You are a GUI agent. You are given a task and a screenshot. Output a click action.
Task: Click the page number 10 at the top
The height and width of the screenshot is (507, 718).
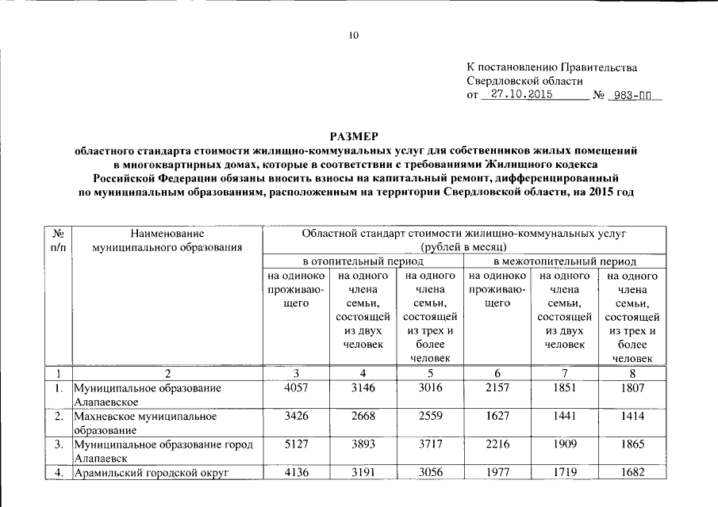354,35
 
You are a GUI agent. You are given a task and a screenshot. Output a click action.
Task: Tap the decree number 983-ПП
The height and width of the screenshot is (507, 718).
633,96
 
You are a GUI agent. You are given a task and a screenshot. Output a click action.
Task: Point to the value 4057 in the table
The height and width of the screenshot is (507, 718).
295,389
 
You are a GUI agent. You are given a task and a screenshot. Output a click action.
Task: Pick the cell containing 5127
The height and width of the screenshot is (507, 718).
295,444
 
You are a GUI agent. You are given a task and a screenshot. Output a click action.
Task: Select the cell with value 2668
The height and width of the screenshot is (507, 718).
363,417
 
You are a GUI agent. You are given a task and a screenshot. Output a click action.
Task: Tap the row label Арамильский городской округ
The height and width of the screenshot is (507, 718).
151,473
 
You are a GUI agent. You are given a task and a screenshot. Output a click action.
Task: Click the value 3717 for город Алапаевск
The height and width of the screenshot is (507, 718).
429,444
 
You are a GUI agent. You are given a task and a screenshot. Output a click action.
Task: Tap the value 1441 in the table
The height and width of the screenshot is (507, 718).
565,417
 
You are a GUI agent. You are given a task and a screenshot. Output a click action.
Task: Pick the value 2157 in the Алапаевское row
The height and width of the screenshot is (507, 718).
497,389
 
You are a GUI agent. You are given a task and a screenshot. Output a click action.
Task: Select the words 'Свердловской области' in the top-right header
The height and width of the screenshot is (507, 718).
524,81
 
